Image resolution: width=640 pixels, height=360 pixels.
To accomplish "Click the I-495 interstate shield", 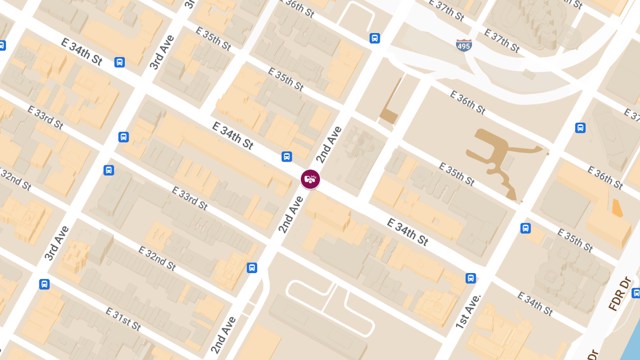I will click(x=463, y=45).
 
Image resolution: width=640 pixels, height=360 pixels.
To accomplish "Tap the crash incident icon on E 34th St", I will click(x=310, y=179).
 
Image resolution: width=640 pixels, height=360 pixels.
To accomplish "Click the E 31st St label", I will click(x=123, y=319).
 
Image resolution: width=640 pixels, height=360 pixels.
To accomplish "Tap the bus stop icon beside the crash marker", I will click(x=287, y=157).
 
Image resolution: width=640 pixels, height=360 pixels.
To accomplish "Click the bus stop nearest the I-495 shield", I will click(x=375, y=38).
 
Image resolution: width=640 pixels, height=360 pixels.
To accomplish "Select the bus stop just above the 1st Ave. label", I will click(x=470, y=278).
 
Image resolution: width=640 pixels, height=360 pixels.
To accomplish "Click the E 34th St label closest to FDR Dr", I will click(x=535, y=303).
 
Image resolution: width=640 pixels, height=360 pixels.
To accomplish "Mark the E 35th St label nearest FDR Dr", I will click(x=574, y=240).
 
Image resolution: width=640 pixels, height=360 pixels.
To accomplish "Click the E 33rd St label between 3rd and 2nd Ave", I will click(x=189, y=197).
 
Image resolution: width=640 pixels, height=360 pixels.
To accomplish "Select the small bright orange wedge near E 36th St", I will click(x=617, y=208).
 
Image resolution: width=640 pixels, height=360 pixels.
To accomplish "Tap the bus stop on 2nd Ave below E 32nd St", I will click(x=252, y=268).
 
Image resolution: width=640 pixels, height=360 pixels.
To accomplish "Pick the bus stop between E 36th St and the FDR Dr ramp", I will click(x=580, y=128).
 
